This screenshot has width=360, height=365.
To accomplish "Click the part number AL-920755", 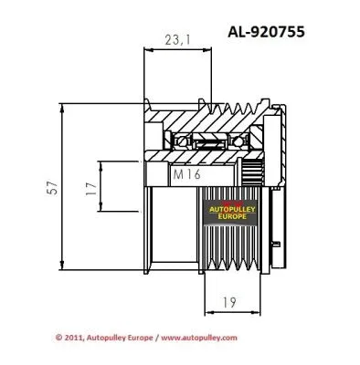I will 273,29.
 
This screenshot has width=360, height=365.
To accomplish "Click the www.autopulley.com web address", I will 200,337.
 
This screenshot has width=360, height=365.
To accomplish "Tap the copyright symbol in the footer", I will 59,337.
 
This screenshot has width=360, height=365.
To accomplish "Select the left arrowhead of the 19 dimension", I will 206,311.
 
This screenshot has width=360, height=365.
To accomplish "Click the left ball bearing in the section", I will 175,141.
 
